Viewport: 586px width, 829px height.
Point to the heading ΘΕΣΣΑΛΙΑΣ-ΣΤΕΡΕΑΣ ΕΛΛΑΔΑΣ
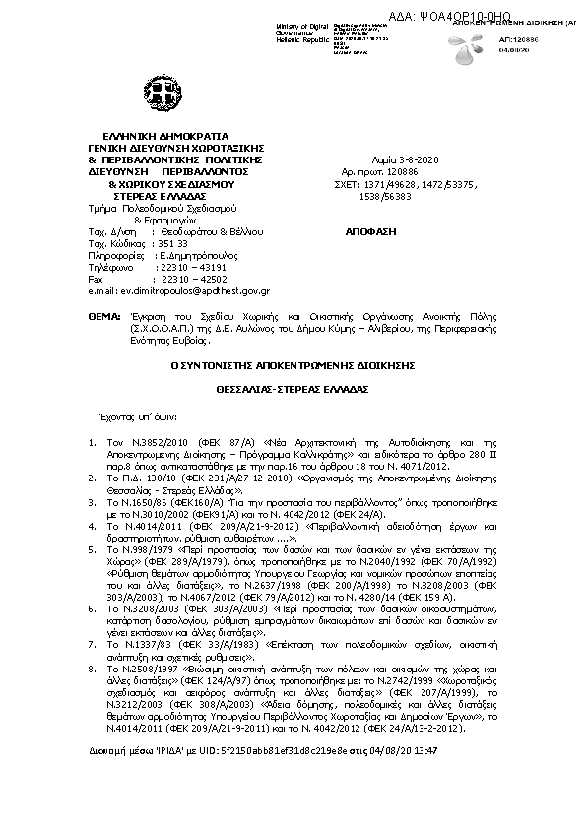293,389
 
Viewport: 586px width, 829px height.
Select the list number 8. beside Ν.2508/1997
92,668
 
